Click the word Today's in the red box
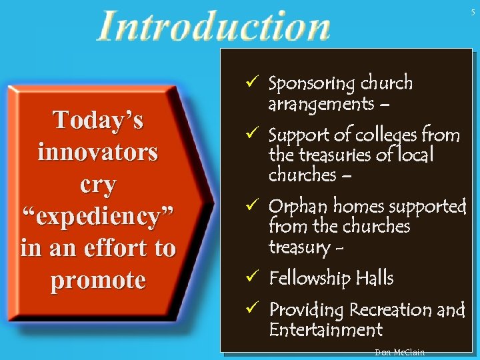tap(98, 121)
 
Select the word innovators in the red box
tap(98, 152)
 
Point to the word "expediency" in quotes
tap(98, 216)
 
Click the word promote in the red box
tap(98, 280)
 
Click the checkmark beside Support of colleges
tap(252, 135)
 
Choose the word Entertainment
tap(325, 329)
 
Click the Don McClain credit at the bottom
tap(400, 352)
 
